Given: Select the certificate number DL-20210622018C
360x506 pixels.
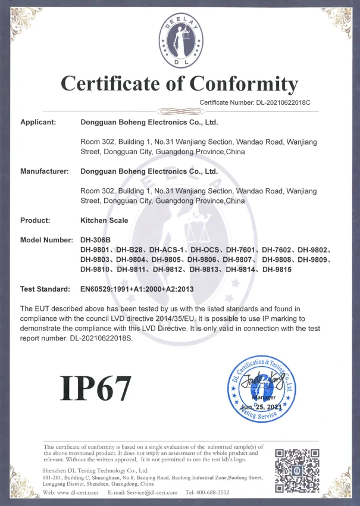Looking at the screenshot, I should (272, 102).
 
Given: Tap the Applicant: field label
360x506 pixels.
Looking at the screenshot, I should (38, 122).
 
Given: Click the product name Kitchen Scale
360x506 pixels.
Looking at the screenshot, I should (104, 220).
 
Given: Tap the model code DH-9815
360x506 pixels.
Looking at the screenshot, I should (278, 270).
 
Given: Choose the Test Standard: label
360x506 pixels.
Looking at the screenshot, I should (45, 289).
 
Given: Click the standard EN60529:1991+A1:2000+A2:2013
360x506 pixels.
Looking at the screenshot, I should (137, 289).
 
